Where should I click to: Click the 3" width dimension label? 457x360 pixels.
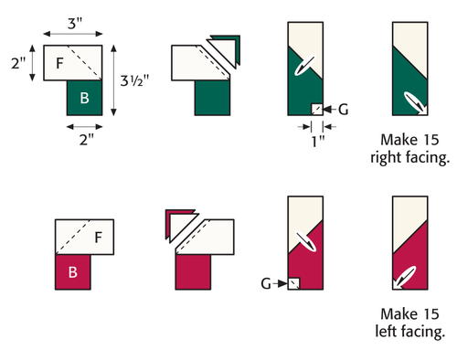tap(75, 24)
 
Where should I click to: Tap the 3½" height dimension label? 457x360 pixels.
tap(134, 80)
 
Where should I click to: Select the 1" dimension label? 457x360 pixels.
tap(318, 142)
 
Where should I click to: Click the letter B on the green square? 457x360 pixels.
tap(84, 98)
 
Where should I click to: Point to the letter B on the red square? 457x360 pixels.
tap(72, 272)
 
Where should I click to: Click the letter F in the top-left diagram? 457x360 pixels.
tap(59, 63)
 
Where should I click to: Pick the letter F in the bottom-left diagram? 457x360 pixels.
tap(98, 238)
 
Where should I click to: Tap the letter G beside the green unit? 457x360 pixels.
tap(344, 110)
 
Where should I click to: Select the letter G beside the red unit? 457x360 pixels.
tap(266, 284)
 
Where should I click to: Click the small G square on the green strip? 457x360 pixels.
tap(317, 110)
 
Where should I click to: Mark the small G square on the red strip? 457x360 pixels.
tap(293, 283)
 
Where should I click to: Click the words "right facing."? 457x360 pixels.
tap(409, 158)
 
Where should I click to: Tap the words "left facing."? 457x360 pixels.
tap(410, 332)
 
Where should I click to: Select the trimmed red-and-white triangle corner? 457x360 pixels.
tap(180, 225)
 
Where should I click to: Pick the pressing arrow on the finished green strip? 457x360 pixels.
tap(415, 102)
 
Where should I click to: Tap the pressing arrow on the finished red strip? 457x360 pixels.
tap(405, 277)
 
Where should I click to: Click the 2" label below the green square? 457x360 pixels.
tap(86, 140)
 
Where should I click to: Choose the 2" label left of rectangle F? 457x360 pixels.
tap(18, 63)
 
